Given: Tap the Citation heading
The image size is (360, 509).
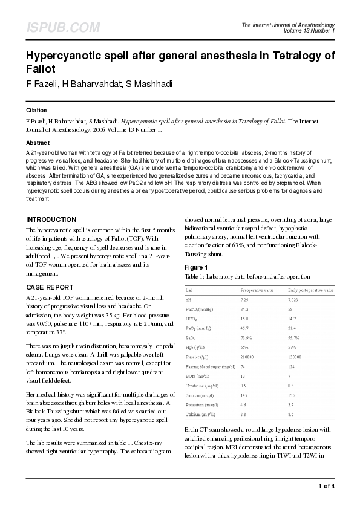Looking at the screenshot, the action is pos(36,111).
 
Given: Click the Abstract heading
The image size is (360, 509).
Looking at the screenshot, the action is pos(38,143).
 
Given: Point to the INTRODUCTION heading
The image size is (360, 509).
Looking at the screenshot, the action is pos(51,219).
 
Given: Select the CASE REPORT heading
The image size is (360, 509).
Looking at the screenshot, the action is pos(50,287).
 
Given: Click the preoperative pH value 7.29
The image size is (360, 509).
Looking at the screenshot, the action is pos(244,300).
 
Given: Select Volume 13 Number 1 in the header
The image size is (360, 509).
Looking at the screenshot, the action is pos(309,30).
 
